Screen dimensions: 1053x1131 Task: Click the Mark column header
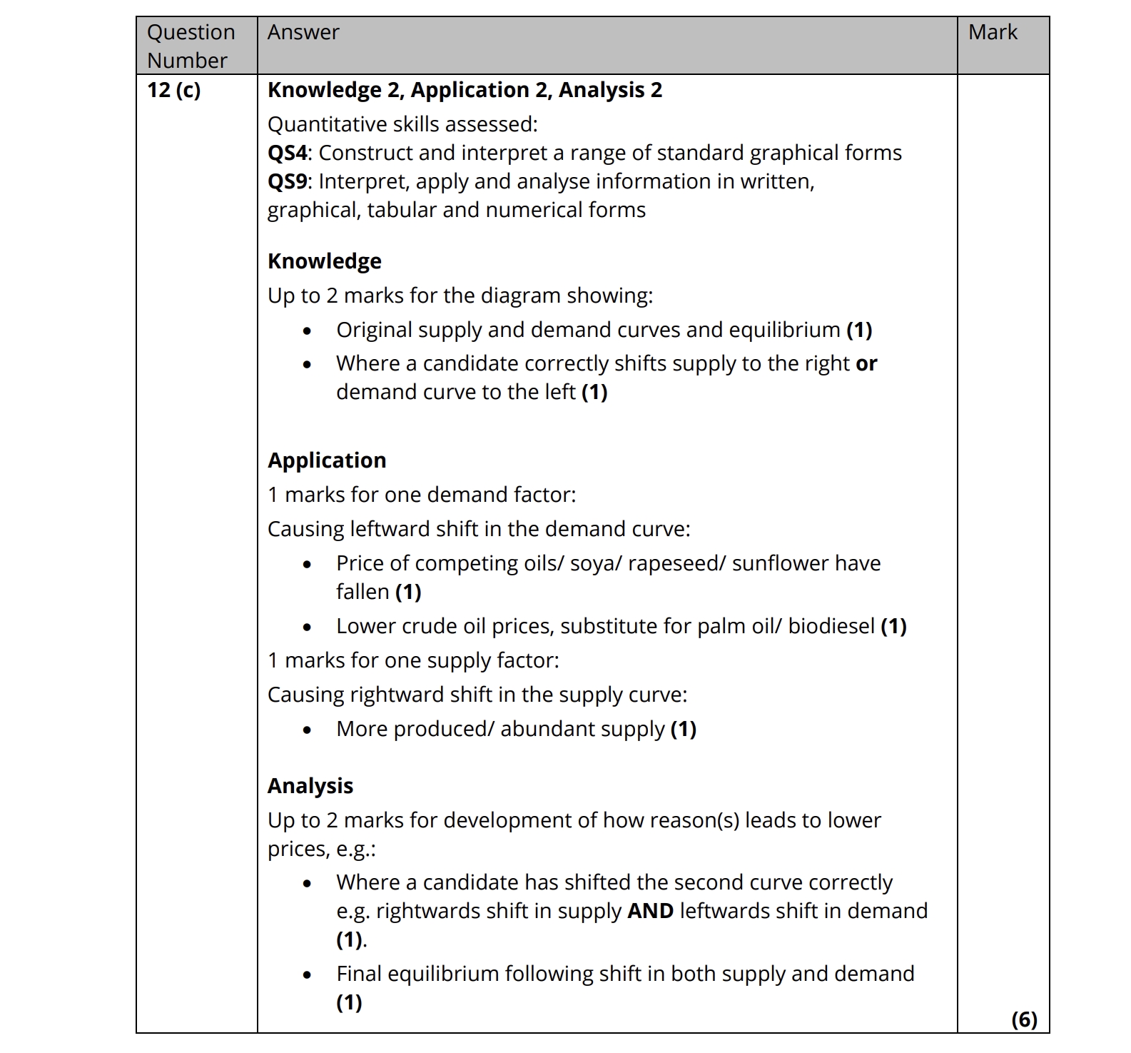tap(993, 32)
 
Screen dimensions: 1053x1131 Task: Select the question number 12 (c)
tap(173, 90)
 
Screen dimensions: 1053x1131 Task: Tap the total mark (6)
tap(1024, 1019)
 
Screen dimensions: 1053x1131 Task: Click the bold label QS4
tap(288, 153)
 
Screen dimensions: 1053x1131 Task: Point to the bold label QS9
tap(288, 181)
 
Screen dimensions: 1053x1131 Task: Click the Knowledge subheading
tap(324, 261)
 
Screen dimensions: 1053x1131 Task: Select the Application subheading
tap(327, 460)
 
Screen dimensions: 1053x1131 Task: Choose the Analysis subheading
tap(310, 786)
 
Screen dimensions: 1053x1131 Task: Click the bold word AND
tap(650, 911)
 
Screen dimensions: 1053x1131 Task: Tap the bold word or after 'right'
tap(866, 363)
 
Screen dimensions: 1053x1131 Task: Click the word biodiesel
tap(831, 626)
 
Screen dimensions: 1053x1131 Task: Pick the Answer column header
tap(303, 32)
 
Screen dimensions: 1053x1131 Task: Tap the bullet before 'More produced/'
tap(307, 730)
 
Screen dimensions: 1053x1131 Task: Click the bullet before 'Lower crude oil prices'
tap(307, 628)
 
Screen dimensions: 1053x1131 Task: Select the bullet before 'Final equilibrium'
tap(307, 975)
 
